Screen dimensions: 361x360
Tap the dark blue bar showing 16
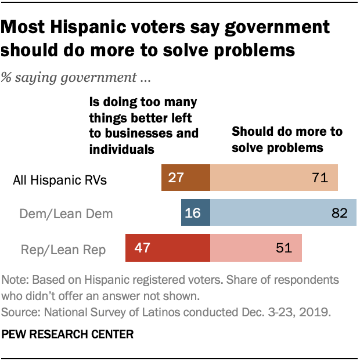[x=195, y=213]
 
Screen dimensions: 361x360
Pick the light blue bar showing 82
[x=283, y=213]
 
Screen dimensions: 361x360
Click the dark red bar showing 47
[x=168, y=248]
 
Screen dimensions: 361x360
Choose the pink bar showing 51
[x=255, y=248]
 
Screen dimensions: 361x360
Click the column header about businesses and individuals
[x=143, y=125]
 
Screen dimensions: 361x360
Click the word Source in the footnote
[x=19, y=311]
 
